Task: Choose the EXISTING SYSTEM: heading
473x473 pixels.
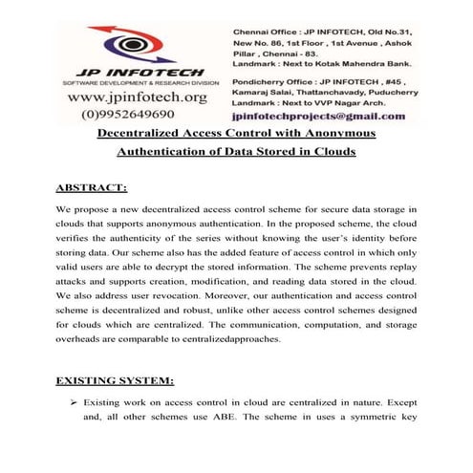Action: tap(126, 380)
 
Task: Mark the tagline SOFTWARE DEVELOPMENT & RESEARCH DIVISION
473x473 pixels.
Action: tap(128, 83)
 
